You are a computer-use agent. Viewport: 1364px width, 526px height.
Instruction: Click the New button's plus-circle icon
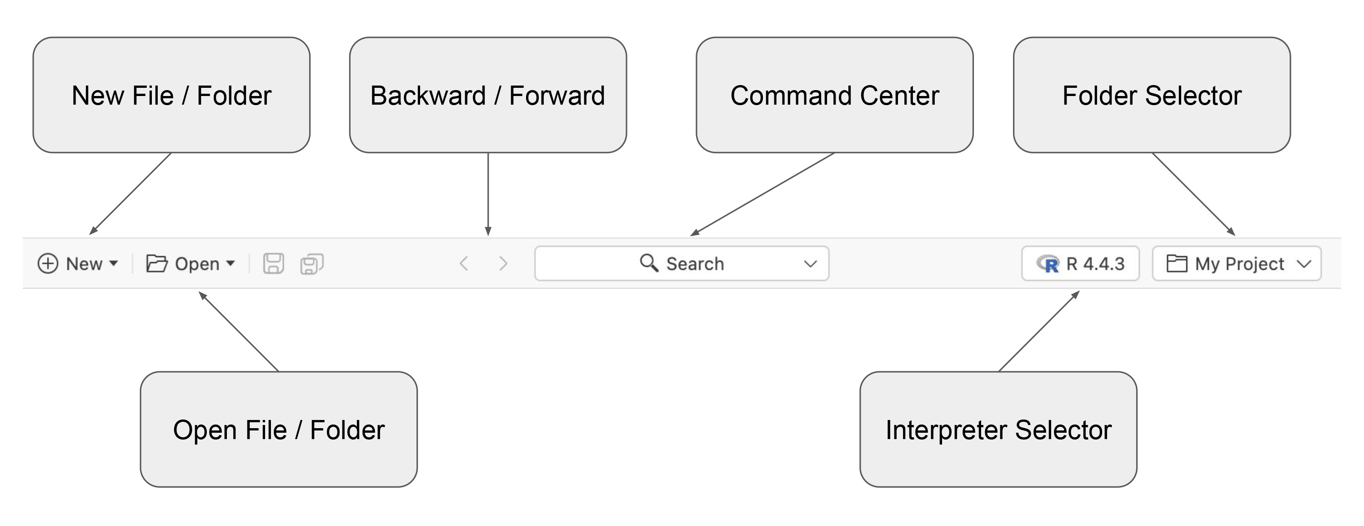click(x=48, y=263)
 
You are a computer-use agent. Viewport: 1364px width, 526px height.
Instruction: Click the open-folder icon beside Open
click(x=157, y=263)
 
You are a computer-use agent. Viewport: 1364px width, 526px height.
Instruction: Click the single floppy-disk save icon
click(x=273, y=263)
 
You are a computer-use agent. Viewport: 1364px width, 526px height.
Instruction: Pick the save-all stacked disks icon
click(x=312, y=264)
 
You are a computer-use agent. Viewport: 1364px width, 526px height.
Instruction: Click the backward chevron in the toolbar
click(x=464, y=263)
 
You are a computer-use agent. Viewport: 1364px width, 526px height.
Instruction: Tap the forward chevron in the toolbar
click(x=503, y=263)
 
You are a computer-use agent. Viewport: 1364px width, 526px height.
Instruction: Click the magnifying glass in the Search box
click(x=649, y=263)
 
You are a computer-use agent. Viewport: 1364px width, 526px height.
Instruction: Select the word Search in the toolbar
click(x=695, y=264)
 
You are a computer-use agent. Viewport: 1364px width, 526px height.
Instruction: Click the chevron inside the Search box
click(x=810, y=264)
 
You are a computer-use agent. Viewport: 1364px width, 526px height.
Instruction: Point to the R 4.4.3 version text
click(x=1095, y=264)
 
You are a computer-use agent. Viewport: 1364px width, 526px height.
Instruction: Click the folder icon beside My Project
click(x=1177, y=263)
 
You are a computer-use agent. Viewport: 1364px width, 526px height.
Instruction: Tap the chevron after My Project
click(x=1304, y=264)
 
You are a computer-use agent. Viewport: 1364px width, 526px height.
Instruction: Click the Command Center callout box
click(x=834, y=96)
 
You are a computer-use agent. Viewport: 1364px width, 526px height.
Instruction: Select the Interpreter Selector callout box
click(x=998, y=430)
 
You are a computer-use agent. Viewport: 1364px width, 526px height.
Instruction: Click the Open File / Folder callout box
click(x=279, y=430)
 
